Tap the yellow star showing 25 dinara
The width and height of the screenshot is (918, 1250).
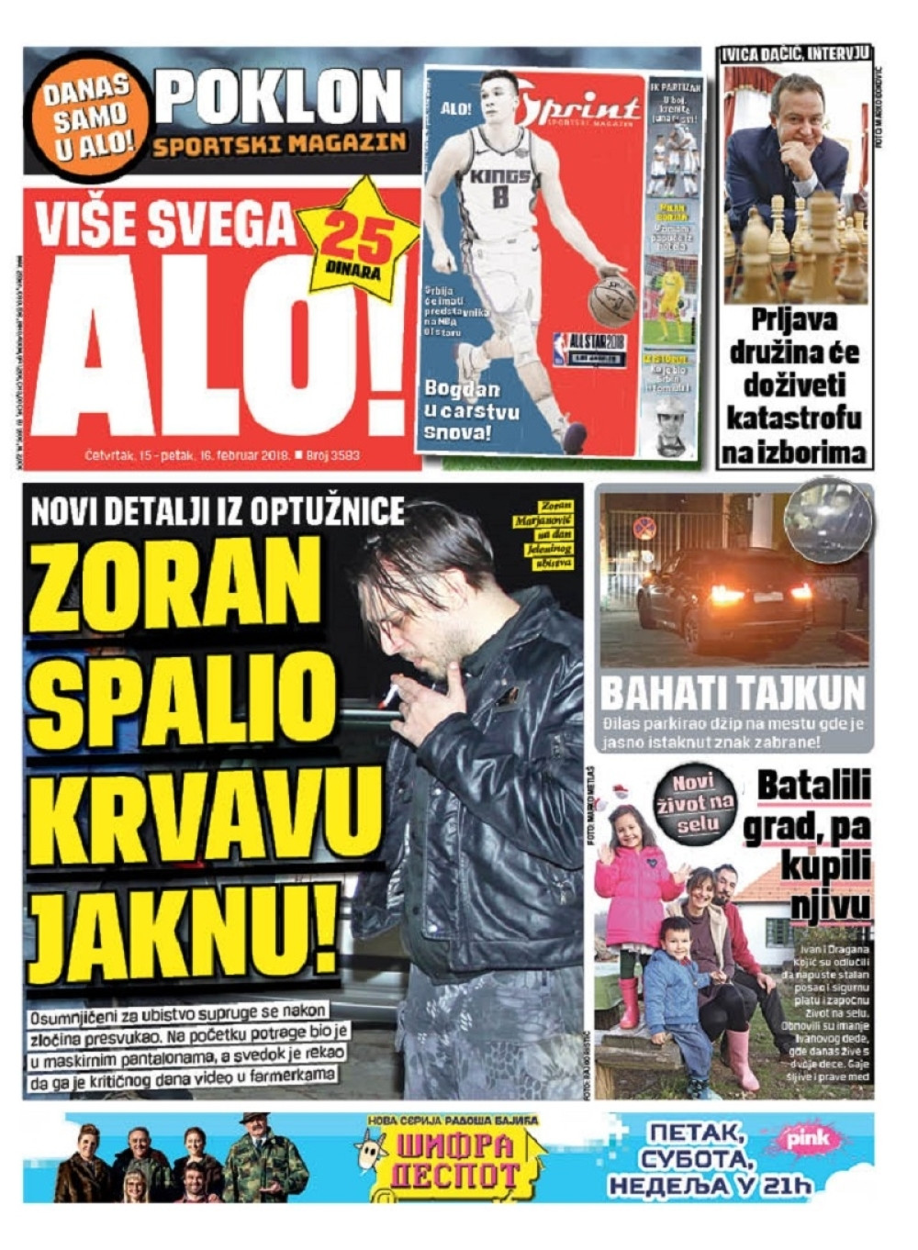[x=357, y=241]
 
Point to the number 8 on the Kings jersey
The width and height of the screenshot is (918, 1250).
[x=500, y=196]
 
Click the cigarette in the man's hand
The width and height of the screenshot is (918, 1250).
[x=391, y=695]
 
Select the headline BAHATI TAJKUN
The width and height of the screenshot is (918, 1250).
[x=733, y=693]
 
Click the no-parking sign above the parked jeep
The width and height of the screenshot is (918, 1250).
[x=645, y=528]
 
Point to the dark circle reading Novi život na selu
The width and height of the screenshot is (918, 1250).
[x=695, y=803]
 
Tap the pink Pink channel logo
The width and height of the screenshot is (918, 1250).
[x=807, y=1139]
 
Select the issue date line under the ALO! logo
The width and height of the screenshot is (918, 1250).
[x=221, y=455]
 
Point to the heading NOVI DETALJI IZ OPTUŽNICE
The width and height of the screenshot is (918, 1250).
[x=218, y=511]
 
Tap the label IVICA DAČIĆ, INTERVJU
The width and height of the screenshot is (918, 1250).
[x=795, y=54]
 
